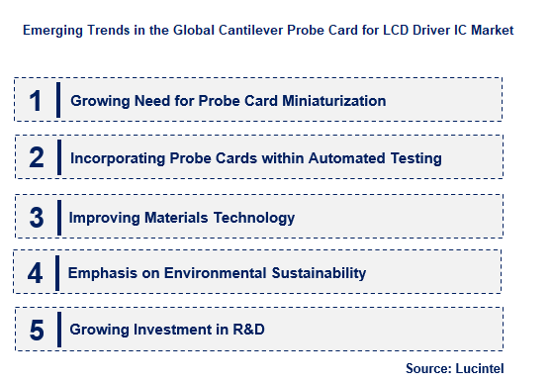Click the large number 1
(x=36, y=101)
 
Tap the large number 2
(x=37, y=158)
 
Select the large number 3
(x=37, y=216)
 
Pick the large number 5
(x=37, y=330)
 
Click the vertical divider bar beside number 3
(x=59, y=216)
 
